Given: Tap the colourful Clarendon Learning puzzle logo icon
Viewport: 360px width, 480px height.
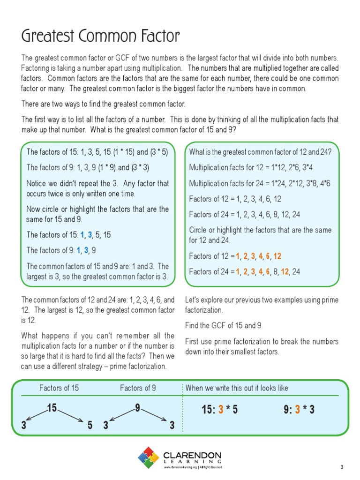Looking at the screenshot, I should (x=149, y=457).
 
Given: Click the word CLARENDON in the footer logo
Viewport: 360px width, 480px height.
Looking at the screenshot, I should (x=192, y=456).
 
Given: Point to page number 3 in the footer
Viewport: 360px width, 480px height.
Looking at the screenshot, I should (x=342, y=467).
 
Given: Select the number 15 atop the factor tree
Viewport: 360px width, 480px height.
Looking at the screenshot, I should (x=52, y=408).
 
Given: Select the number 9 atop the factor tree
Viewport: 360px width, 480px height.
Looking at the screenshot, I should (x=137, y=408).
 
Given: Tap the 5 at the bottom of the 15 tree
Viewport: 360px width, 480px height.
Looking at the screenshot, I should (x=90, y=425).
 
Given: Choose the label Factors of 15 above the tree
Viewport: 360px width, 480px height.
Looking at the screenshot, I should (x=59, y=388).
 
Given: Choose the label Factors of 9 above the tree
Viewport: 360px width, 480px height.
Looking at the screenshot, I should (x=138, y=388).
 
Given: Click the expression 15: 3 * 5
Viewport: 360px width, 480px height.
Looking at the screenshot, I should (x=219, y=410).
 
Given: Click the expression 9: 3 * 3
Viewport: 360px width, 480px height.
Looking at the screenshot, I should (x=299, y=410).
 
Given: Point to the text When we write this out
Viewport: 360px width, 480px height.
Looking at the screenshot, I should (x=237, y=388).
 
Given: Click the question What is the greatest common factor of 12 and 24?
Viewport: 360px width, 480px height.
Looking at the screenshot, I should (x=260, y=151).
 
